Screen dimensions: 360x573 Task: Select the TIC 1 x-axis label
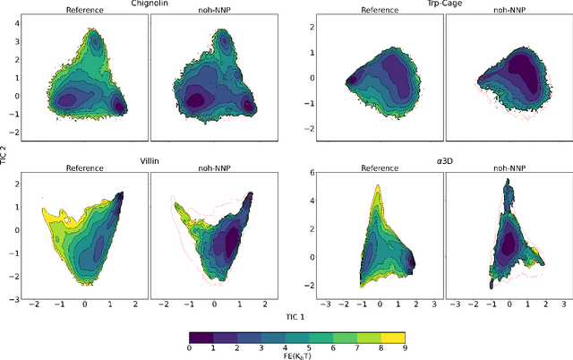(x=295, y=317)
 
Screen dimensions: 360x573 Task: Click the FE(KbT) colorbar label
(x=295, y=355)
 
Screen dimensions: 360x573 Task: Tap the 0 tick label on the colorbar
(x=190, y=346)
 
